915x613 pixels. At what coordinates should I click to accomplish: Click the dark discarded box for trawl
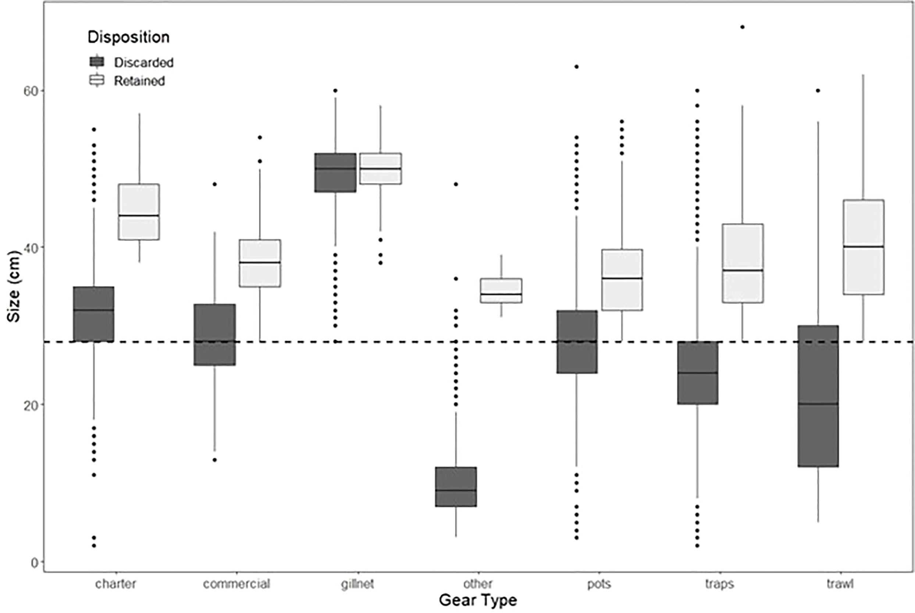point(818,396)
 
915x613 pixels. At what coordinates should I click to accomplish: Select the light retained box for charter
point(139,212)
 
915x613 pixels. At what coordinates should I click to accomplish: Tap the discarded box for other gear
point(456,486)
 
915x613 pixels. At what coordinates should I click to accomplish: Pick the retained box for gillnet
point(380,169)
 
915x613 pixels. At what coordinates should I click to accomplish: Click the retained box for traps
point(743,263)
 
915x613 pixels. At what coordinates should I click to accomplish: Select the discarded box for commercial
point(214,334)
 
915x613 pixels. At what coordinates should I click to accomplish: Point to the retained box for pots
point(622,280)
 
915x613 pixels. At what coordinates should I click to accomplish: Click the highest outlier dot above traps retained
point(742,27)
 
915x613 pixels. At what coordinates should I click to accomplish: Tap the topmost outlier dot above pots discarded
point(576,67)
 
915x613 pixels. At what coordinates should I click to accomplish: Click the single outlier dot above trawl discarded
point(818,91)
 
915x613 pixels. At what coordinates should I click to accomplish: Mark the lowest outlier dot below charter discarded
point(94,546)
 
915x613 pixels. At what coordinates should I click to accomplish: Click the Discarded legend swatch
point(96,62)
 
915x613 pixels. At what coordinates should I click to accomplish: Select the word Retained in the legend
point(139,81)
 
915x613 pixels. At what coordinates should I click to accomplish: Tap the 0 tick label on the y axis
point(34,563)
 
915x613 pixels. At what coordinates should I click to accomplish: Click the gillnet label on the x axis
point(357,584)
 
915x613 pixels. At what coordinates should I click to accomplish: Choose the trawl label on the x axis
point(840,584)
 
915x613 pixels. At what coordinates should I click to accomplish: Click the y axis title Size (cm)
point(14,286)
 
